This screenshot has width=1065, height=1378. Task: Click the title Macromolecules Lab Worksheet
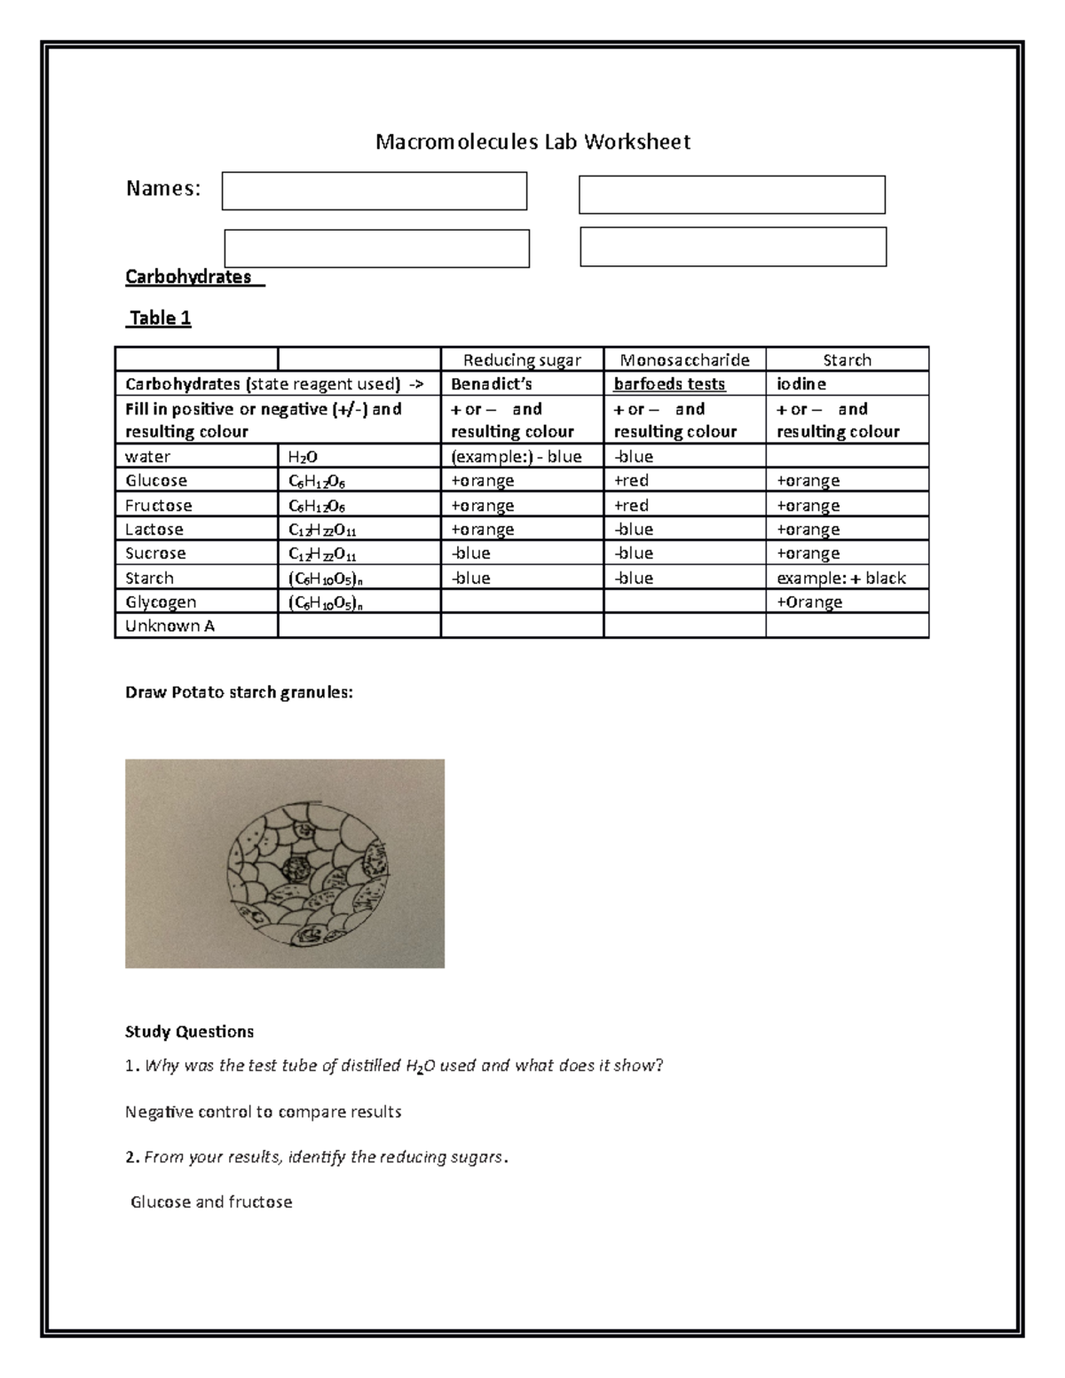coord(532,142)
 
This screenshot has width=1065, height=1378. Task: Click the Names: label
coord(163,188)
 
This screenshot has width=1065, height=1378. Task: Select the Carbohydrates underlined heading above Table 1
coord(189,277)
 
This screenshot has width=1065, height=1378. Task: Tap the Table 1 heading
coord(160,318)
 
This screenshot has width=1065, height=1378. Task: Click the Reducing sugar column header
coord(522,359)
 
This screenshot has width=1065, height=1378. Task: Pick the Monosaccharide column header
coord(684,359)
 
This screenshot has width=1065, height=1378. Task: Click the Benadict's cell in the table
coord(492,384)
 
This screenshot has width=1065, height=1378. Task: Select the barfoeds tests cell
coord(669,384)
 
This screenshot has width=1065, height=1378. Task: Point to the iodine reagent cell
coord(801,384)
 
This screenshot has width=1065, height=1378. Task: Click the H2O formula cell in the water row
coord(303,457)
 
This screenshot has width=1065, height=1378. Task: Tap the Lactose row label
coord(154,530)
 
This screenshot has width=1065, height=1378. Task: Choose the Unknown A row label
coord(170,626)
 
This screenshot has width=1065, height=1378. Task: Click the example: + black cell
coord(841,579)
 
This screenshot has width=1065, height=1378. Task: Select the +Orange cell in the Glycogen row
coord(809,602)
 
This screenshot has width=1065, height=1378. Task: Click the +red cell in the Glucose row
coord(631,481)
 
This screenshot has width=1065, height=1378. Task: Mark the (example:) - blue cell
coord(517,457)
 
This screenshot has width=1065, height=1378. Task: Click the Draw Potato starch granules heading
coord(239,693)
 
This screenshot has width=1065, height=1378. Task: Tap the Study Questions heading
coord(189,1031)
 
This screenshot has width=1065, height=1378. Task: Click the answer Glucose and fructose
coord(211,1202)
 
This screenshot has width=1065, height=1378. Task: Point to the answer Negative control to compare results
coord(264,1112)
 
